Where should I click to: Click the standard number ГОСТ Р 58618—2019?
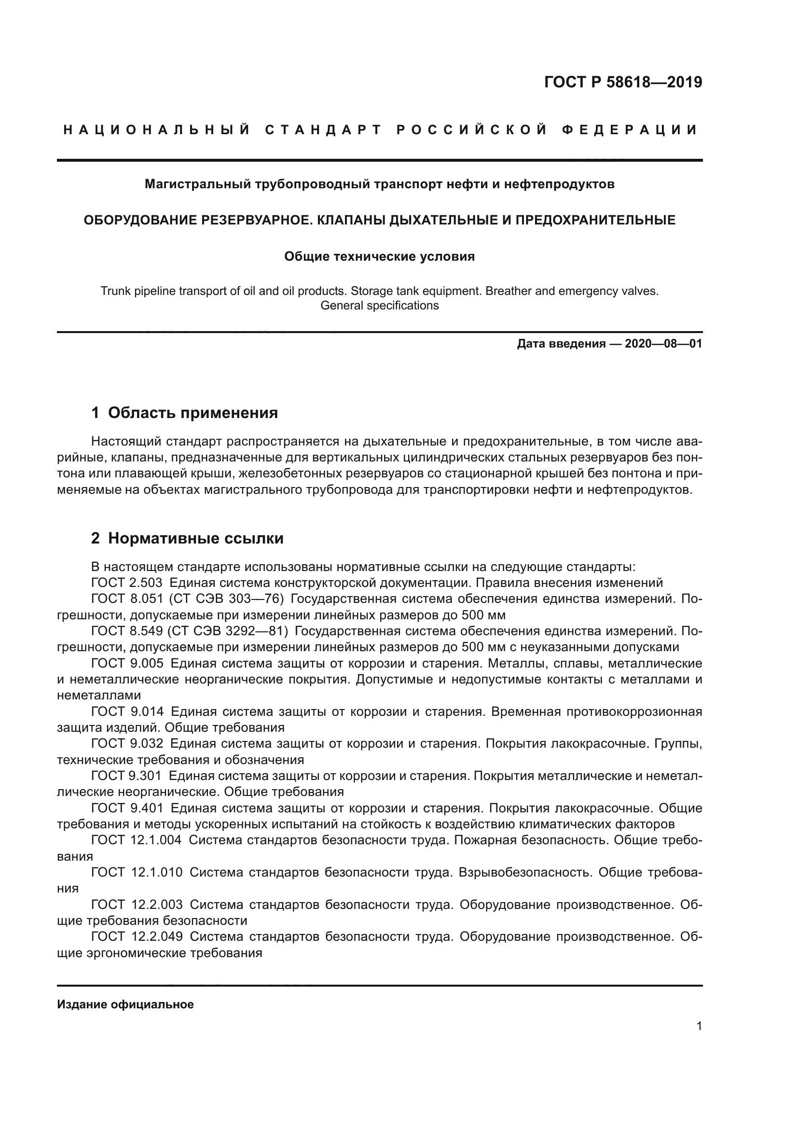622,82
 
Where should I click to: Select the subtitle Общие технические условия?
379,256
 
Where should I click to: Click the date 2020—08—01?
663,344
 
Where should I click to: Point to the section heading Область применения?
193,413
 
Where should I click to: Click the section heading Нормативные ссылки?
195,539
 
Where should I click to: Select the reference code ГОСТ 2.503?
127,583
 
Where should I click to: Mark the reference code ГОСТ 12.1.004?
136,840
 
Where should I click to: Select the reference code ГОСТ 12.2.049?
137,937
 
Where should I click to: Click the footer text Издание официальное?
125,1004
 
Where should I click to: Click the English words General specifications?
379,306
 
